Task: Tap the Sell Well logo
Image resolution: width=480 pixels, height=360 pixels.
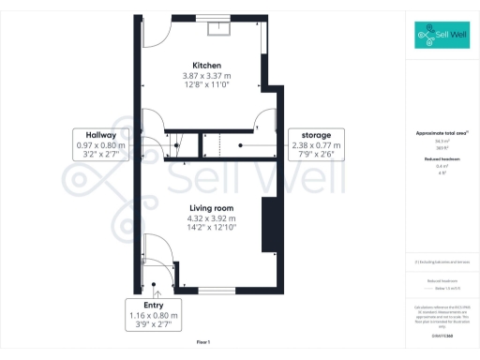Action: tap(442, 37)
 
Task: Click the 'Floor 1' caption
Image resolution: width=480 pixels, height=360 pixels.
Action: tap(203, 341)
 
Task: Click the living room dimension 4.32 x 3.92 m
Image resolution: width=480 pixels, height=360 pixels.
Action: tap(210, 217)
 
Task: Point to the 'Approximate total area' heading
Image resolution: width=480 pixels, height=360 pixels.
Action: tap(441, 135)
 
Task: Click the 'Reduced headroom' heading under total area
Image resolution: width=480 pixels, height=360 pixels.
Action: tap(441, 160)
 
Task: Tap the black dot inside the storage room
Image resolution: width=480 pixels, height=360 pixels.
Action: tap(240, 146)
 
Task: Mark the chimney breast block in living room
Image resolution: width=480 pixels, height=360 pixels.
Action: tap(267, 225)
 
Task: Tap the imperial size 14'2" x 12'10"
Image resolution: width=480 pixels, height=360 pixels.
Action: tap(210, 228)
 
